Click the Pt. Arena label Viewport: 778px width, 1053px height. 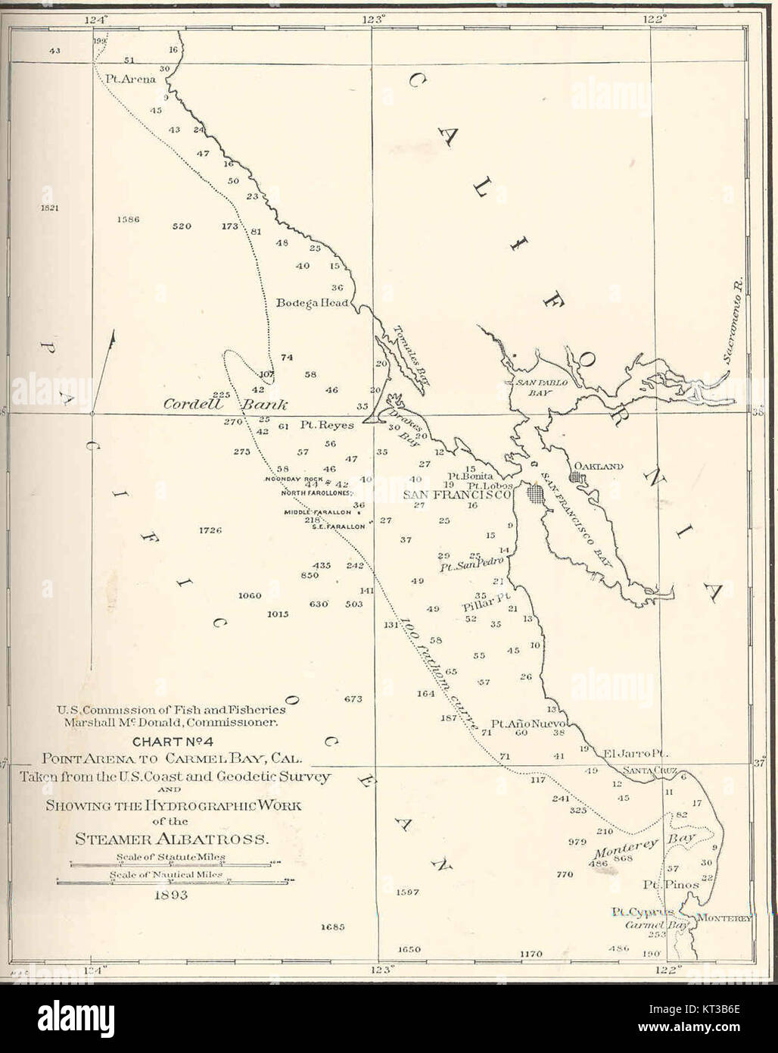click(130, 79)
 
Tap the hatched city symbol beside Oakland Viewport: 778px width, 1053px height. click(578, 479)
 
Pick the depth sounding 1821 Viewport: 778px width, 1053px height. click(51, 207)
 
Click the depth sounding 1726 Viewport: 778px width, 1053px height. click(210, 530)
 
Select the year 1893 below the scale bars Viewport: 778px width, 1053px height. click(171, 895)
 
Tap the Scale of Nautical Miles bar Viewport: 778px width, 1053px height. click(175, 880)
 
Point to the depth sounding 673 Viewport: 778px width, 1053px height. click(353, 698)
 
